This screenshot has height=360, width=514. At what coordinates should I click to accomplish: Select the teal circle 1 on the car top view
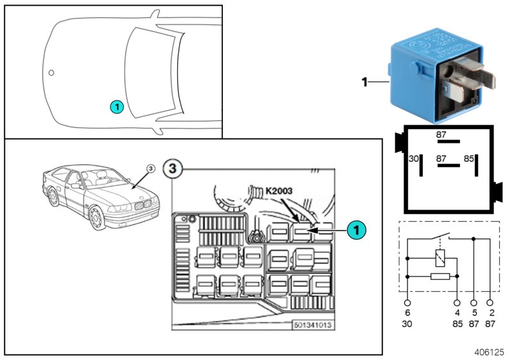(x=116, y=106)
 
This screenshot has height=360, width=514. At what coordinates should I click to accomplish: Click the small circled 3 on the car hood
(x=150, y=168)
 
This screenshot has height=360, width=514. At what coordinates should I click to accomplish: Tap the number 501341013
(x=312, y=325)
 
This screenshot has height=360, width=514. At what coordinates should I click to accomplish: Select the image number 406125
(x=490, y=352)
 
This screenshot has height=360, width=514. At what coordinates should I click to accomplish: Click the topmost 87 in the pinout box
(x=441, y=134)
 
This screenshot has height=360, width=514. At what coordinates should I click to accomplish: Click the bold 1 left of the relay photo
(x=364, y=82)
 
